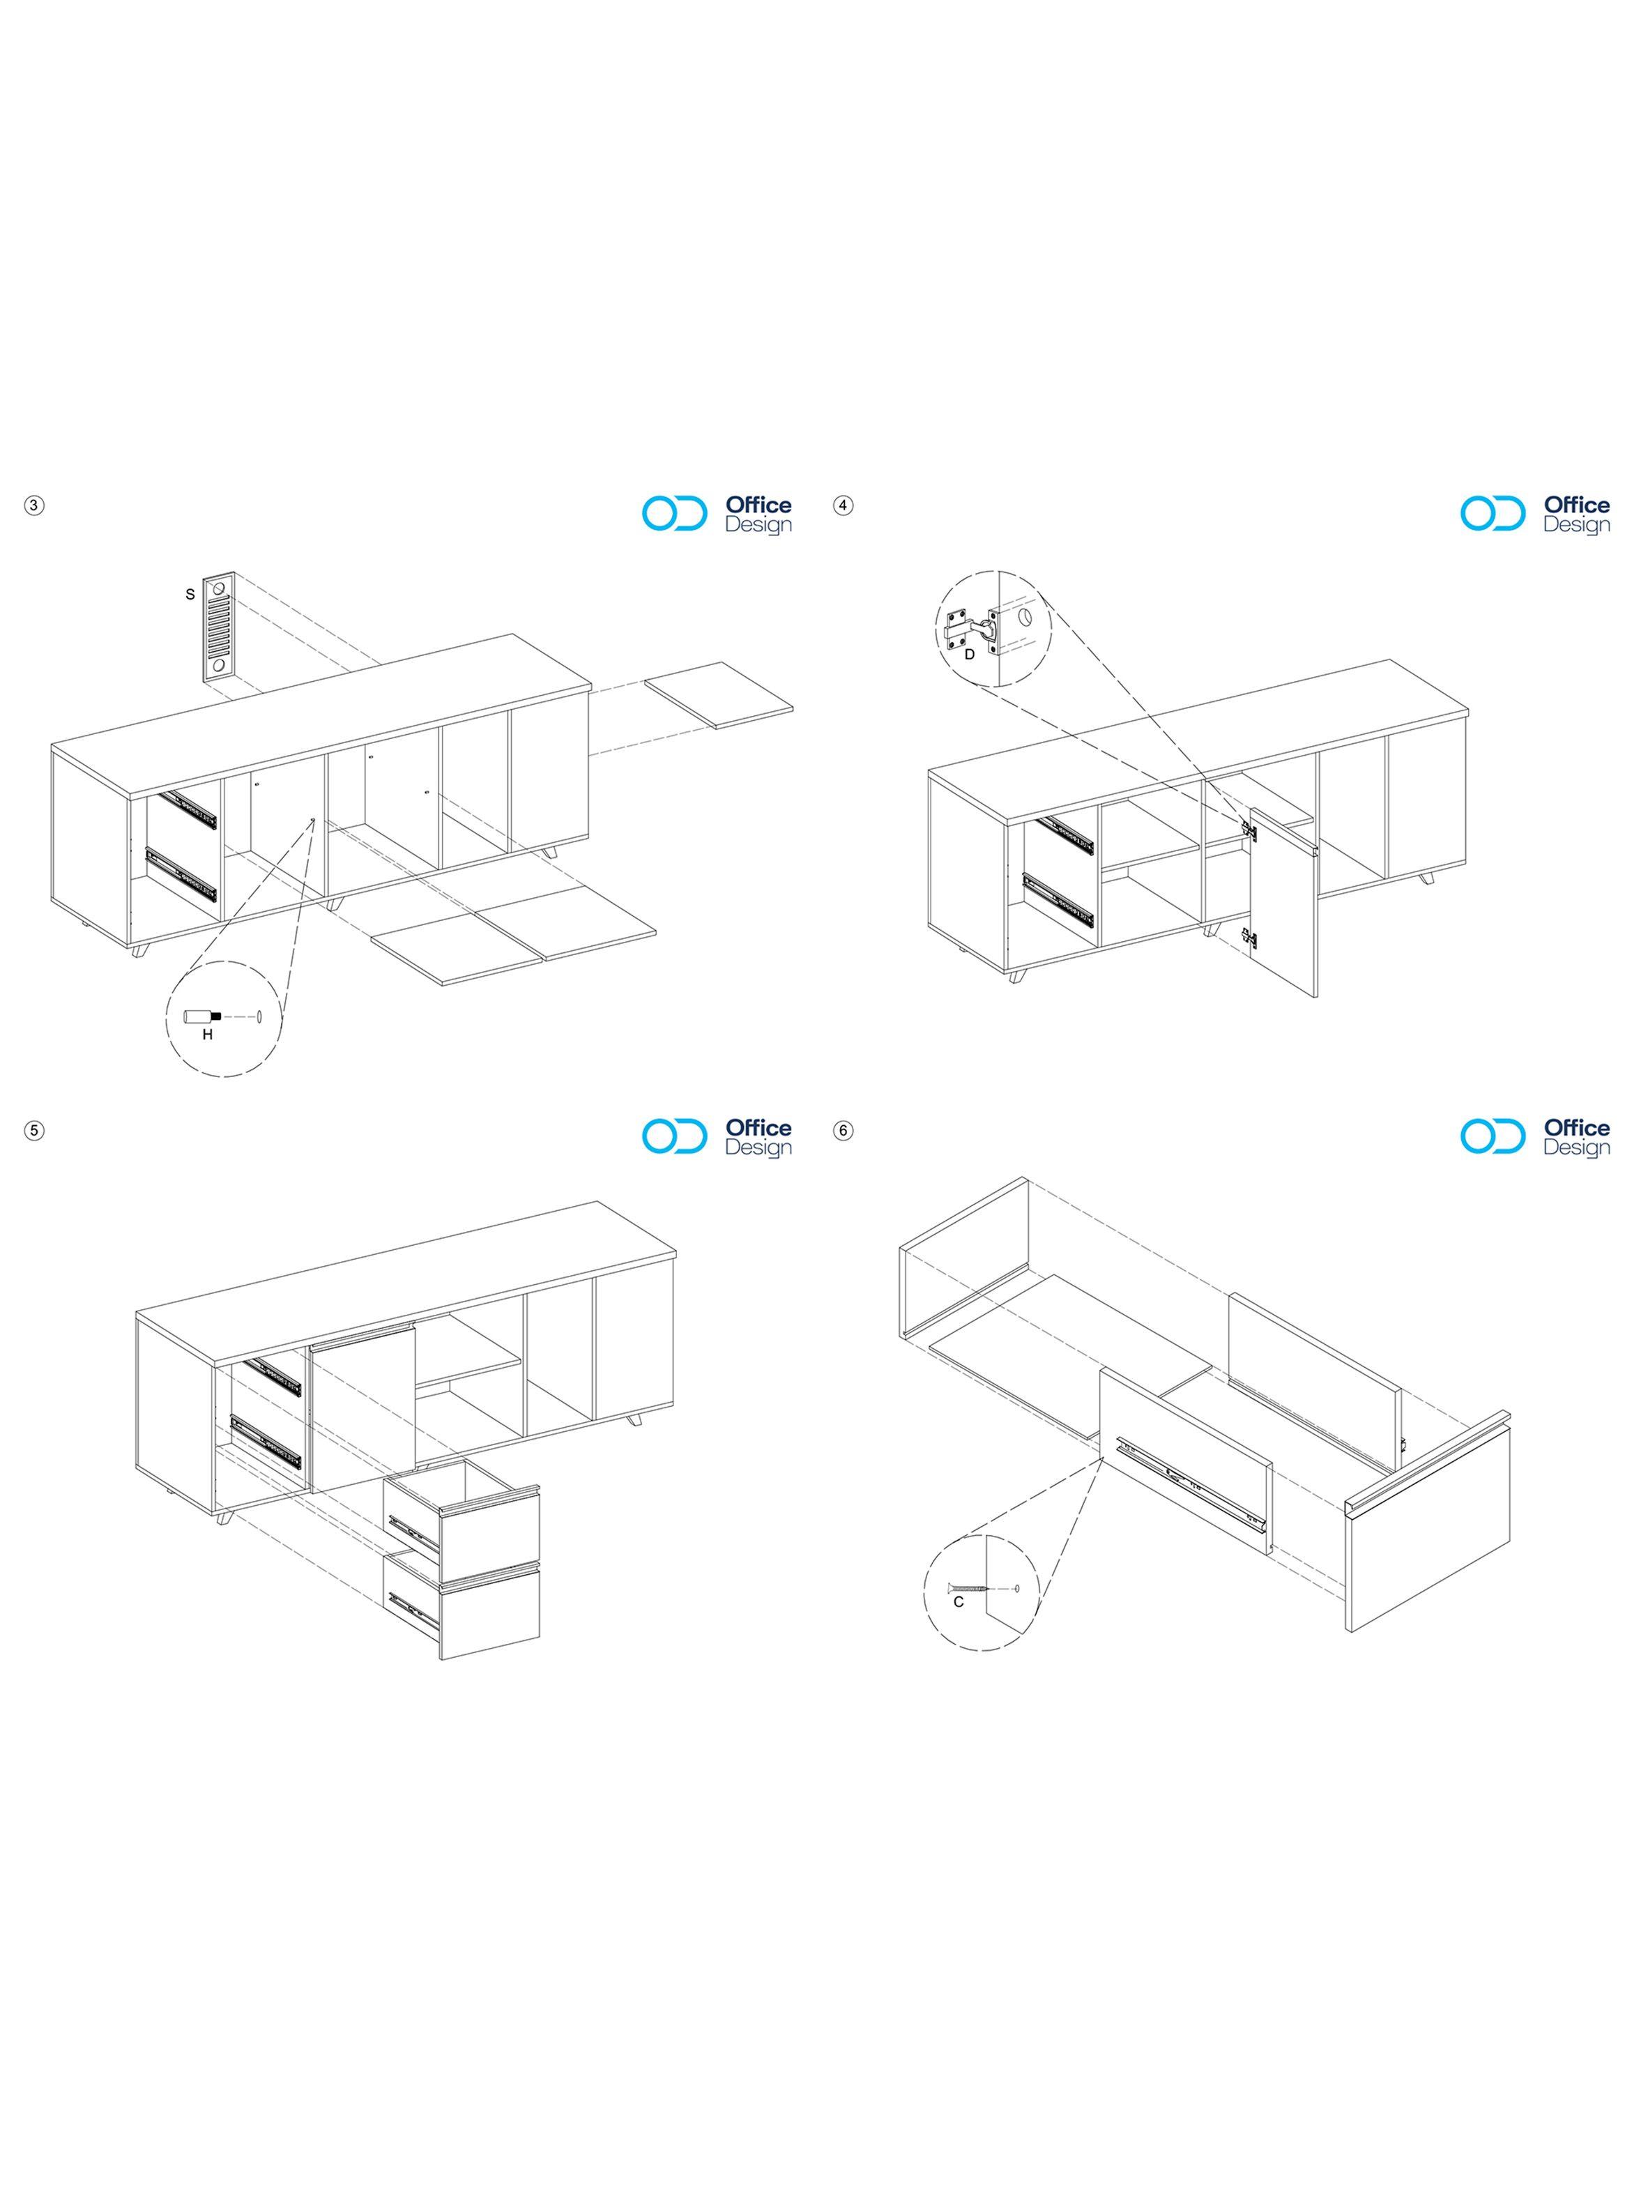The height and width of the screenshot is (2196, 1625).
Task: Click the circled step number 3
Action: click(34, 505)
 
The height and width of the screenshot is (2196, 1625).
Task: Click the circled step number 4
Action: click(843, 505)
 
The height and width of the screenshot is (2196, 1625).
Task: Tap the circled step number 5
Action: click(34, 1130)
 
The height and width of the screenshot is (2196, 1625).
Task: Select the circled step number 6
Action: click(843, 1130)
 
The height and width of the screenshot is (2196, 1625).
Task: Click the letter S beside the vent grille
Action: click(190, 594)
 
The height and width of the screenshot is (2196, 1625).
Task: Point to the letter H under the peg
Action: click(208, 1034)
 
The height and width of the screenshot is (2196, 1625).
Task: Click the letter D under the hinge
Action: click(969, 653)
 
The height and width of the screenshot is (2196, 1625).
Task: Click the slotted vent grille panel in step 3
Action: click(218, 627)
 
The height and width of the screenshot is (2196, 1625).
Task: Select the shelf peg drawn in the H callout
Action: click(203, 1015)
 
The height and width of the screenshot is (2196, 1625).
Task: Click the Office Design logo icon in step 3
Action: click(675, 513)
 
